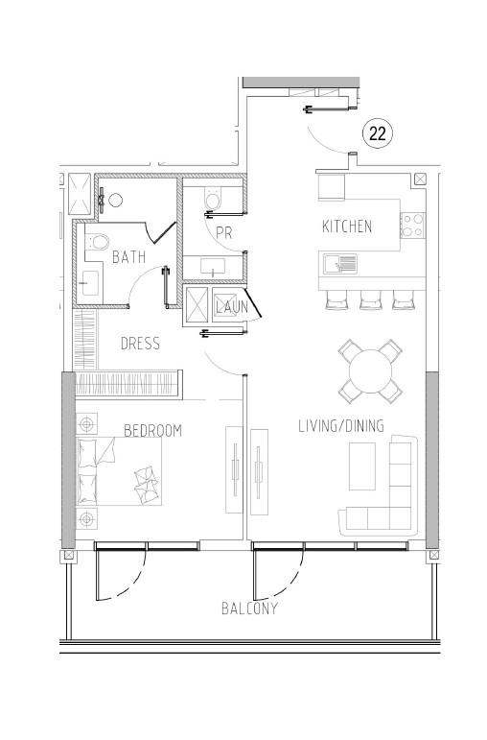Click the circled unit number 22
pyautogui.click(x=378, y=134)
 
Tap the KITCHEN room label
pyautogui.click(x=346, y=227)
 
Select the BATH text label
pyautogui.click(x=128, y=257)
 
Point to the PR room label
pyautogui.click(x=223, y=233)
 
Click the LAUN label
pyautogui.click(x=231, y=307)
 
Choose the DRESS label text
pyautogui.click(x=140, y=344)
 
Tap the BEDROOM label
pyautogui.click(x=152, y=431)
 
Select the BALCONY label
pyautogui.click(x=249, y=609)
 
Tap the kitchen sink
pyautogui.click(x=340, y=262)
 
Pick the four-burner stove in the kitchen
pyautogui.click(x=413, y=226)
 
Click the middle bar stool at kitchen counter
pyautogui.click(x=371, y=299)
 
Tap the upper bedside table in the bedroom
pyautogui.click(x=87, y=422)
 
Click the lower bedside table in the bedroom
pyautogui.click(x=87, y=519)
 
